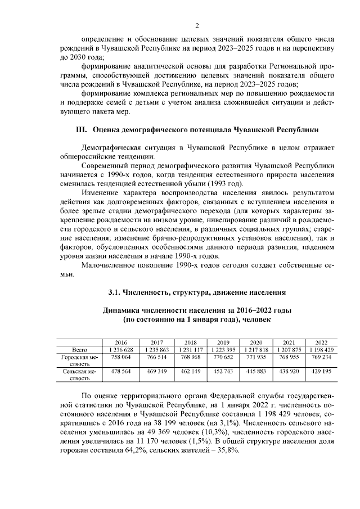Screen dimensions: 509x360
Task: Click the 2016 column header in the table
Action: coord(120,342)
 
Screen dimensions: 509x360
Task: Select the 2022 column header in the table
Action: coord(321,342)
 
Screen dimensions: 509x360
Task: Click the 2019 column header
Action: coord(223,342)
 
